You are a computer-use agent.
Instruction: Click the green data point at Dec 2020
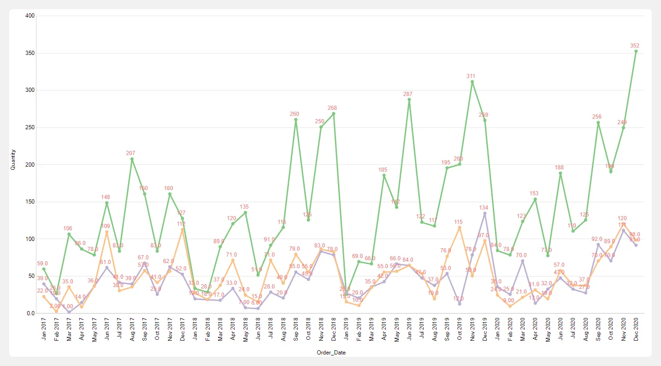coord(636,51)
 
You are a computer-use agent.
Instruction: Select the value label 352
coord(635,45)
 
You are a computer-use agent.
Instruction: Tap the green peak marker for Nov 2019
coord(472,82)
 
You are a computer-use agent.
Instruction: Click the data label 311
coord(471,76)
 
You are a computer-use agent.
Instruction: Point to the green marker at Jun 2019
coord(409,99)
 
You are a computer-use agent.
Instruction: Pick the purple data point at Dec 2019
coord(485,213)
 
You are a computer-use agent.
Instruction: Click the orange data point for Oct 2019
coord(460,228)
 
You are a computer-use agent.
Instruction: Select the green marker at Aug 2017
coord(132,159)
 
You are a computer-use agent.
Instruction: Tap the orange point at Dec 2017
coord(183,229)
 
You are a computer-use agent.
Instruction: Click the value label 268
coord(332,108)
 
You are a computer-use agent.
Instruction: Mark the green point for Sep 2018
coord(296,120)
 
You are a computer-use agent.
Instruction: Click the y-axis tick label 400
coord(30,16)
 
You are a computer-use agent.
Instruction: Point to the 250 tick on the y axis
coord(30,127)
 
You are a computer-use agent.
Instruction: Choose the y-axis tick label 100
coord(30,239)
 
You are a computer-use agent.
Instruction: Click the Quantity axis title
coord(13,159)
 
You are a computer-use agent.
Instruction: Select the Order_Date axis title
coord(331,353)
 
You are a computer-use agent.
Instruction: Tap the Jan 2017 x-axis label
coord(44,330)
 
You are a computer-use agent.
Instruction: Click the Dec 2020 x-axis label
coord(636,330)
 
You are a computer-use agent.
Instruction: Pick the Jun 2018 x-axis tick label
coord(258,330)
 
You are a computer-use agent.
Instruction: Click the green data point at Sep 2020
coord(598,122)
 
